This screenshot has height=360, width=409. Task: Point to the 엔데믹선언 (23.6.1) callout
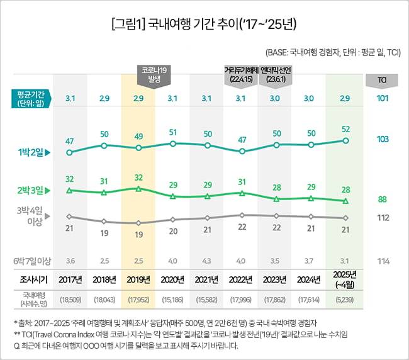pyautogui.click(x=275, y=74)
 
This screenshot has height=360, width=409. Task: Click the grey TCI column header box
pyautogui.click(x=381, y=81)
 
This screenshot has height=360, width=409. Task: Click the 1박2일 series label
pyautogui.click(x=32, y=152)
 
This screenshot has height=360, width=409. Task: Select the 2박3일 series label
pyautogui.click(x=32, y=189)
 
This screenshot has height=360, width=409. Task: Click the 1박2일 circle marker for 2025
pyautogui.click(x=345, y=140)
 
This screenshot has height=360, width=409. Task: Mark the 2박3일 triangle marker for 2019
pyautogui.click(x=138, y=188)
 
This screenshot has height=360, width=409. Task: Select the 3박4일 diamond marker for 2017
pyautogui.click(x=70, y=216)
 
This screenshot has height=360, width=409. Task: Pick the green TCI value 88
pyautogui.click(x=381, y=200)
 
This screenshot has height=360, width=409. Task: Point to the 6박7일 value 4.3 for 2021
pyautogui.click(x=208, y=261)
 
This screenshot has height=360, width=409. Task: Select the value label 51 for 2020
pyautogui.click(x=173, y=132)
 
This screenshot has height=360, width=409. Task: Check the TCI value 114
pyautogui.click(x=381, y=261)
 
